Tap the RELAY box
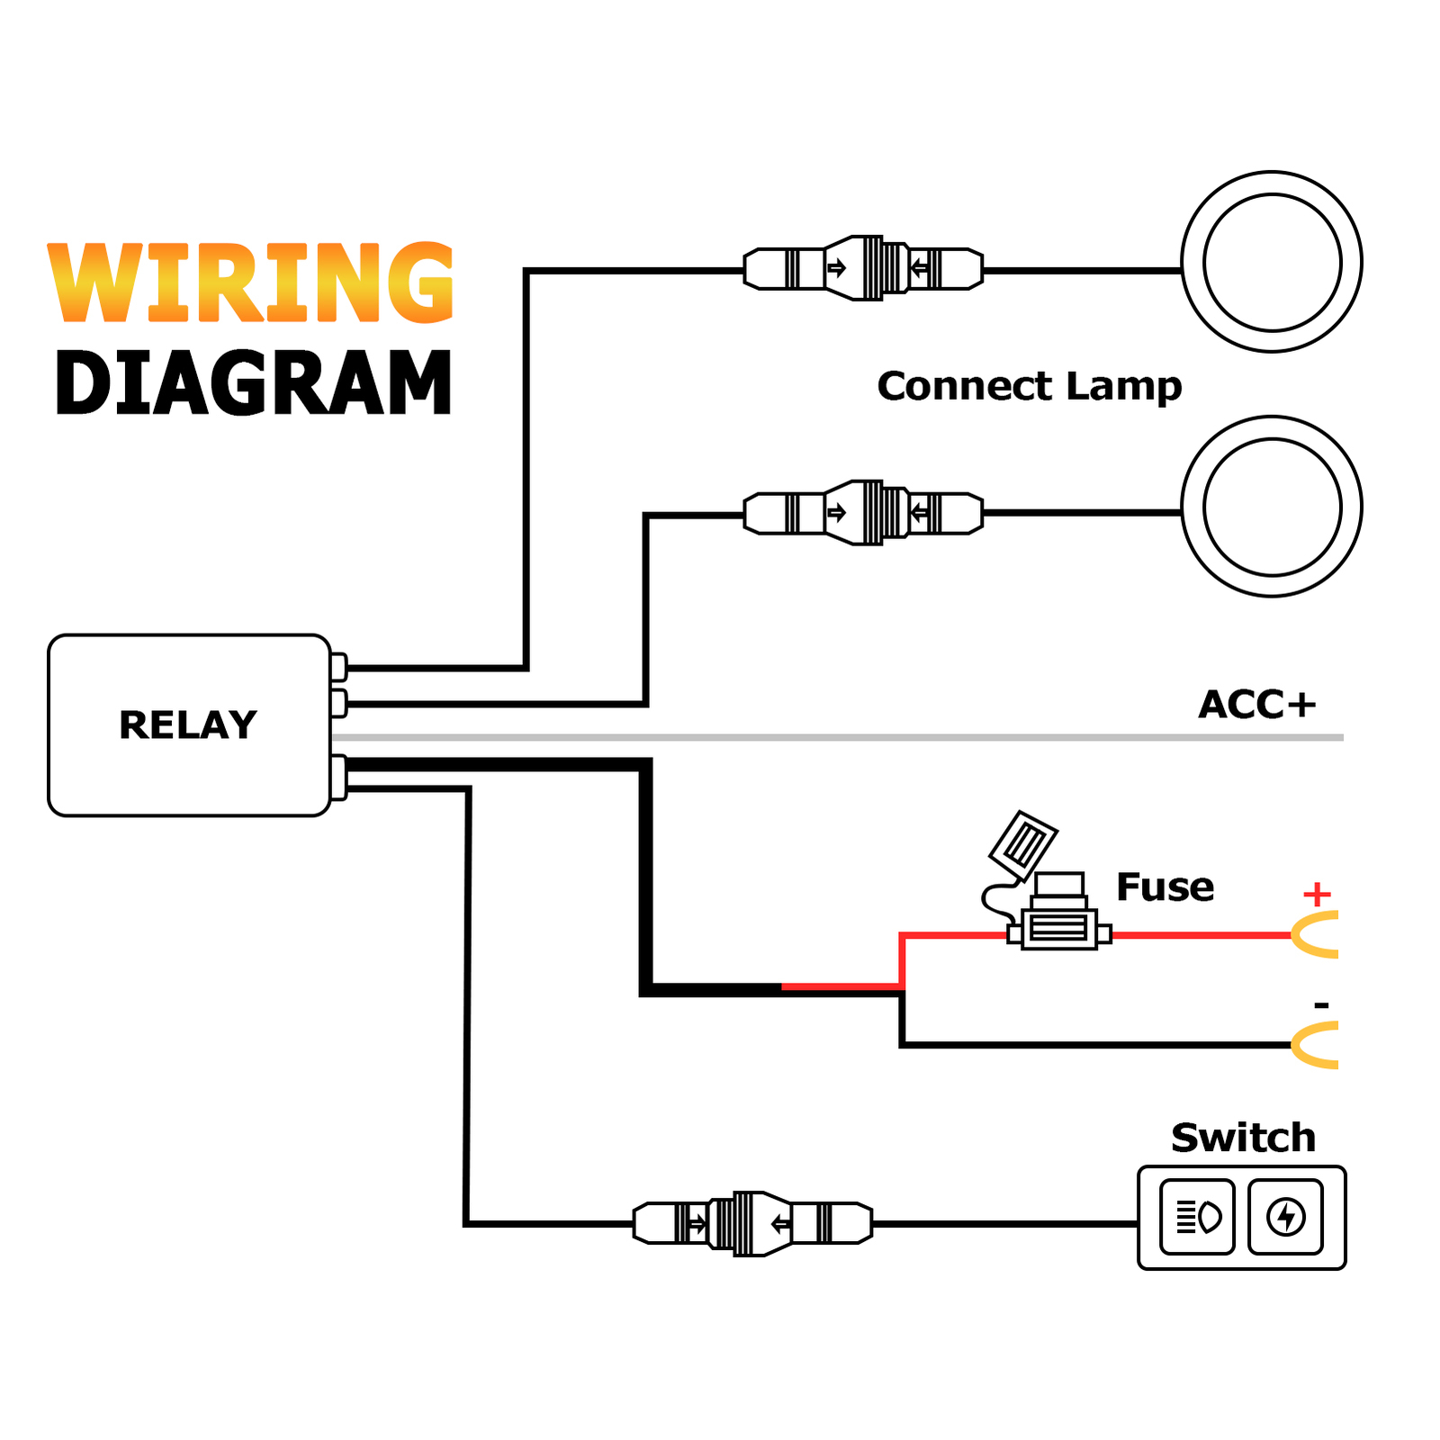coord(189,725)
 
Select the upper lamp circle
coord(1271,262)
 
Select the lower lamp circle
coord(1271,506)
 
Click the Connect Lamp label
coord(1029,386)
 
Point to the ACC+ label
coord(1256,704)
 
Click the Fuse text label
coord(1165,887)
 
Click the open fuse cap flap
coord(1023,845)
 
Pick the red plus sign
coord(1317,895)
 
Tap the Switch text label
coord(1243,1138)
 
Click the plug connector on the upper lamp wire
coord(863,268)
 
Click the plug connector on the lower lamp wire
coord(863,513)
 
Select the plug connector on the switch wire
coord(752,1223)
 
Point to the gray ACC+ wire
coord(837,737)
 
